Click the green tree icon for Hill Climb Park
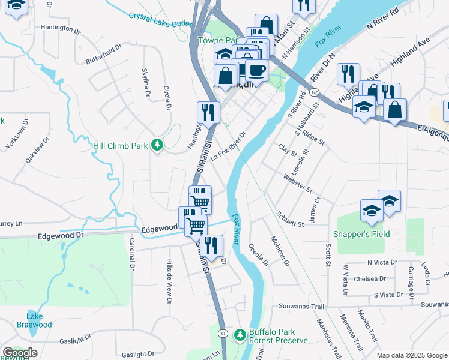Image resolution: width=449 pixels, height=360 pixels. (x=157, y=145)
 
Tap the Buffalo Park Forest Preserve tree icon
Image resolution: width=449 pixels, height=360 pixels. (x=240, y=333)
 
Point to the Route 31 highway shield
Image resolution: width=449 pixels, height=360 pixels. (x=223, y=333)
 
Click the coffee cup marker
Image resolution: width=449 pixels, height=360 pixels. (x=257, y=71)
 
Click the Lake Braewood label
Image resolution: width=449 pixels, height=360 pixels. (x=38, y=320)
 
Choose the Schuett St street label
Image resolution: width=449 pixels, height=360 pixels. (x=291, y=219)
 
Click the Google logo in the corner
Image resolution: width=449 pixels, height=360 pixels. (x=20, y=353)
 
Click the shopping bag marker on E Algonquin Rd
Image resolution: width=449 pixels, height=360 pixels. (x=394, y=110)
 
